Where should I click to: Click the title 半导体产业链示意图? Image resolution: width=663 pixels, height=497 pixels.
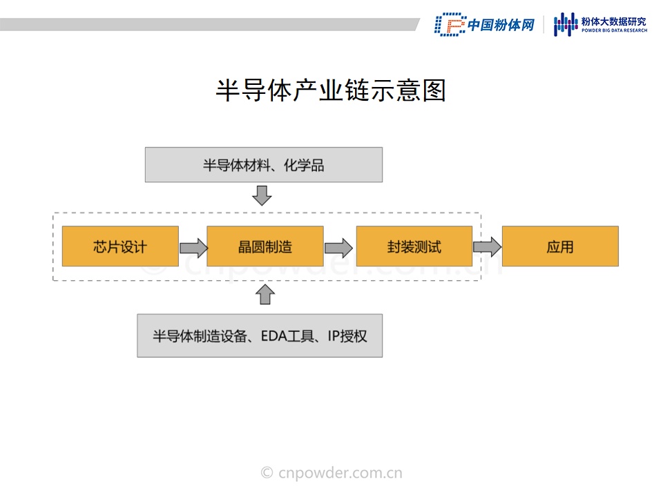pyautogui.click(x=331, y=90)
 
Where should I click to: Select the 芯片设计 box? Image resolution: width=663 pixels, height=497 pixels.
pyautogui.click(x=120, y=246)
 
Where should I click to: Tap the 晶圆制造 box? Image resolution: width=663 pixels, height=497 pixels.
pyautogui.click(x=265, y=246)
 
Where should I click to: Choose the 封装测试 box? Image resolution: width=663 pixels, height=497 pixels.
pyautogui.click(x=414, y=246)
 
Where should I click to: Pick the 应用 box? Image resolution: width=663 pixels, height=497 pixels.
pyautogui.click(x=560, y=246)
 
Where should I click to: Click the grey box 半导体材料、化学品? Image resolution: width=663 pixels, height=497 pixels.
pyautogui.click(x=264, y=165)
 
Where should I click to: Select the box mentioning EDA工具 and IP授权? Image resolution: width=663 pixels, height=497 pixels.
pyautogui.click(x=260, y=335)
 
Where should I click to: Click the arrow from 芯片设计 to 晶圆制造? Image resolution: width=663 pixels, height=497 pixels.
pyautogui.click(x=193, y=248)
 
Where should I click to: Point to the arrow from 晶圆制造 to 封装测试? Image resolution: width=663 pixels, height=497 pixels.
pyautogui.click(x=338, y=248)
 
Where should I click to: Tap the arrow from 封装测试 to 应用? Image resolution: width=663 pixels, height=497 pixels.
pyautogui.click(x=487, y=246)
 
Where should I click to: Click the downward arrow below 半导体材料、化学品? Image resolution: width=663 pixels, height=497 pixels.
pyautogui.click(x=262, y=195)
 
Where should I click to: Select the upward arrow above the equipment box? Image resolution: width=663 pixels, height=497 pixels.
pyautogui.click(x=265, y=294)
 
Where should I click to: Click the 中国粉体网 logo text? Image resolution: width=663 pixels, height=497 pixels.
pyautogui.click(x=501, y=25)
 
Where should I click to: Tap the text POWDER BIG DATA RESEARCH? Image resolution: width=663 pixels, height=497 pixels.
pyautogui.click(x=614, y=30)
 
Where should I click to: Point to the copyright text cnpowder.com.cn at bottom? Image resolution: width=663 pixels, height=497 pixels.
pyautogui.click(x=331, y=472)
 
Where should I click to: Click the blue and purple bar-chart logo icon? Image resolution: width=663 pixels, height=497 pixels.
pyautogui.click(x=566, y=24)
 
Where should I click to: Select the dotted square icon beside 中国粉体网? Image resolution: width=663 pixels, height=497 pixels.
pyautogui.click(x=450, y=24)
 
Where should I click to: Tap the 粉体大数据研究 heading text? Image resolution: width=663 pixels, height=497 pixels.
pyautogui.click(x=614, y=21)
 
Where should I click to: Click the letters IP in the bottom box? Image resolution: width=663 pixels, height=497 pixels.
pyautogui.click(x=334, y=336)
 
